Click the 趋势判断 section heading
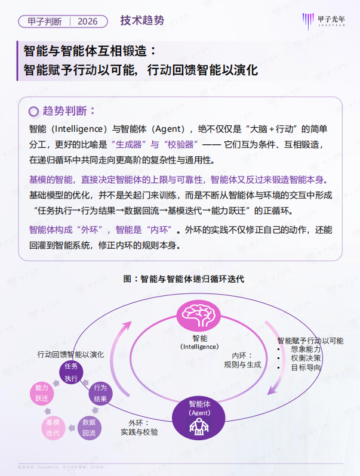pyautogui.click(x=69, y=111)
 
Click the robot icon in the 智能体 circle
pyautogui.click(x=196, y=425)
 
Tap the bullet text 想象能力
pyautogui.click(x=306, y=349)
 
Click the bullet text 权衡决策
pyautogui.click(x=306, y=358)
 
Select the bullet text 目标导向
pyautogui.click(x=306, y=367)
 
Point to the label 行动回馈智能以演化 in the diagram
pyautogui.click(x=70, y=354)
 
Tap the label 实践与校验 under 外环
pyautogui.click(x=139, y=431)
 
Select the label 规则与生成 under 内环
pyautogui.click(x=242, y=364)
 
